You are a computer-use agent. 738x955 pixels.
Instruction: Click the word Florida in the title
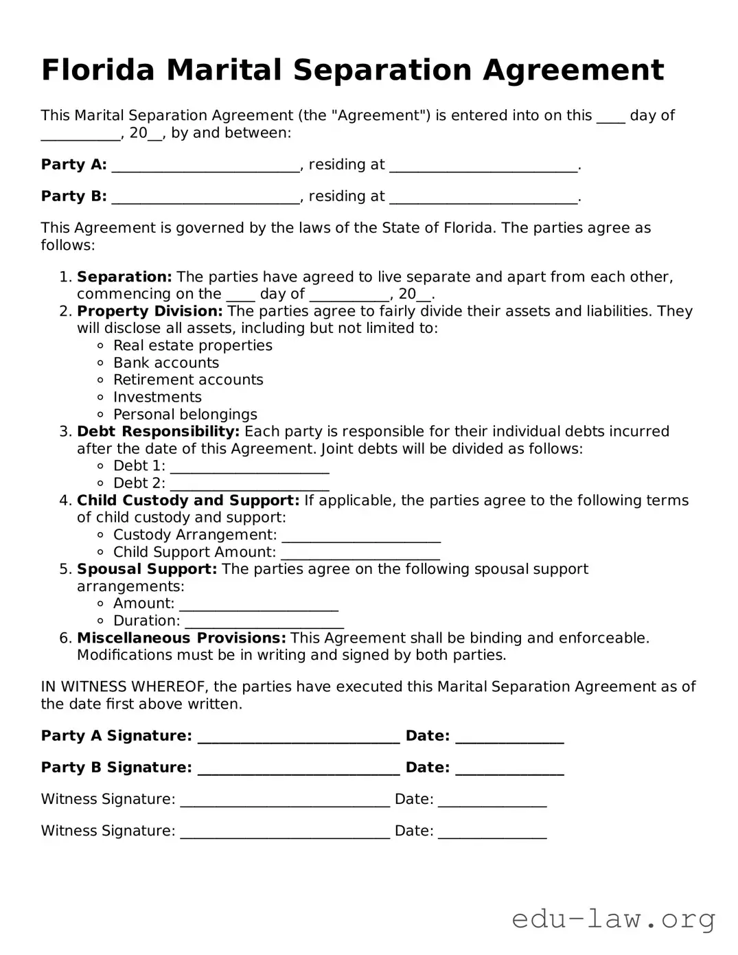click(x=99, y=70)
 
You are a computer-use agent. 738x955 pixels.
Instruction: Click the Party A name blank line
click(x=205, y=166)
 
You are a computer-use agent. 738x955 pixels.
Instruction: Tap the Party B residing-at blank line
click(x=483, y=198)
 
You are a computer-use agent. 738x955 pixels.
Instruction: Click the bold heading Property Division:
click(x=150, y=311)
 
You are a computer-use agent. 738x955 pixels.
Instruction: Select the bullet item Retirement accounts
click(x=188, y=380)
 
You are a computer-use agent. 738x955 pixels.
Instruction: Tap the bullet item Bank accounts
click(x=166, y=363)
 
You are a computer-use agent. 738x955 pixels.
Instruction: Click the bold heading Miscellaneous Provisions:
click(x=181, y=638)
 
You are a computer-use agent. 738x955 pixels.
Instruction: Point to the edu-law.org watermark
click(x=613, y=918)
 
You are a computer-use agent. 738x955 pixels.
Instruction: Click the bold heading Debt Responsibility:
click(x=158, y=431)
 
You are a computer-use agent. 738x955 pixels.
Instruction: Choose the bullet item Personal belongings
click(x=185, y=414)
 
